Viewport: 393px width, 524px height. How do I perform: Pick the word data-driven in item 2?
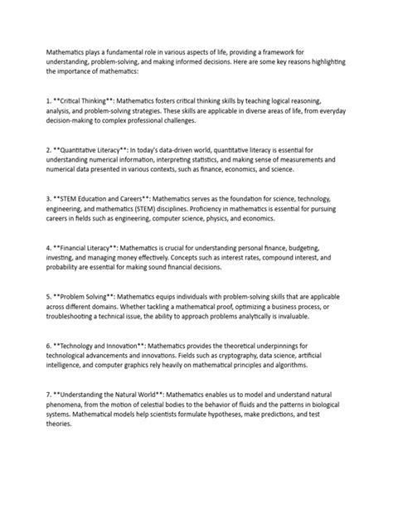[176, 149]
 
